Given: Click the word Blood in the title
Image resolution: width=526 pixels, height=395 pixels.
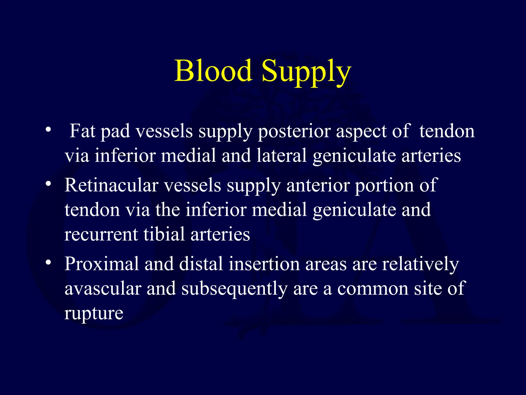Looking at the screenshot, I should [213, 71].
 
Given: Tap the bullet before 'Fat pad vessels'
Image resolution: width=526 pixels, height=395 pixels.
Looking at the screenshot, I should [48, 129].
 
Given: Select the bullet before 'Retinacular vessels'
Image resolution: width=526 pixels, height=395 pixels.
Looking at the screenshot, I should [48, 184].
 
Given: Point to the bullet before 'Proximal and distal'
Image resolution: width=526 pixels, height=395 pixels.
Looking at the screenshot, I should [48, 262].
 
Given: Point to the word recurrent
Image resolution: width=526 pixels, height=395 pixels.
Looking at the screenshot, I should [101, 234].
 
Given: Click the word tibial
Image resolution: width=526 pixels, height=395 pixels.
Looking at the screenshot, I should [164, 234].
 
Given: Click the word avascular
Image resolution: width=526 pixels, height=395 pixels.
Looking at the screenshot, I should [103, 289].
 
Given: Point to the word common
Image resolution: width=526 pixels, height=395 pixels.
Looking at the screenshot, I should [373, 289].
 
